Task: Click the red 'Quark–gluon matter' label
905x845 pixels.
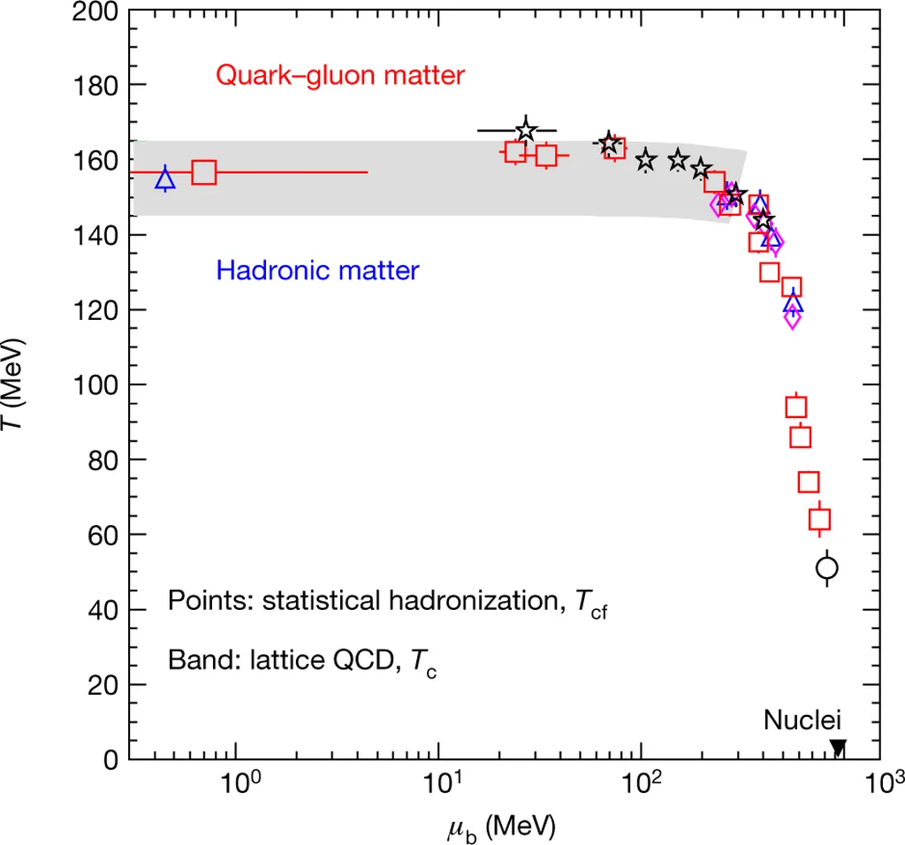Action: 340,76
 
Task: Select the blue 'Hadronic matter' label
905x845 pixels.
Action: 317,270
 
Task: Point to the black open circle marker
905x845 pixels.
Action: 827,567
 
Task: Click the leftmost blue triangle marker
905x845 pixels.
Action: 165,179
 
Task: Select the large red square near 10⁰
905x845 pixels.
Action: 204,172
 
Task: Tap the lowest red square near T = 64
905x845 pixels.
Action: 820,520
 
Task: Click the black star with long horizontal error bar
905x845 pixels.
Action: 526,131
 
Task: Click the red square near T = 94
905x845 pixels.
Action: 796,407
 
